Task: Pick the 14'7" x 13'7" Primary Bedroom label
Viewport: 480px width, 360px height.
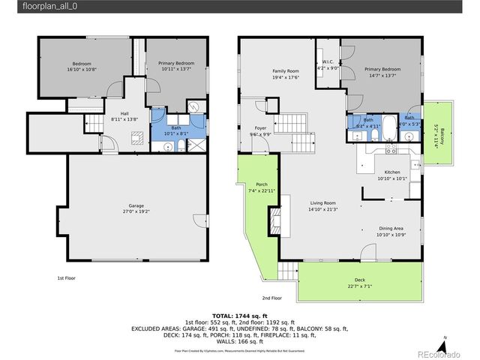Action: click(382, 71)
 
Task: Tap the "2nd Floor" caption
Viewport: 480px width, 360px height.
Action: click(271, 297)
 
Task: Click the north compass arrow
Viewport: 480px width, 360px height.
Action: click(444, 343)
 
